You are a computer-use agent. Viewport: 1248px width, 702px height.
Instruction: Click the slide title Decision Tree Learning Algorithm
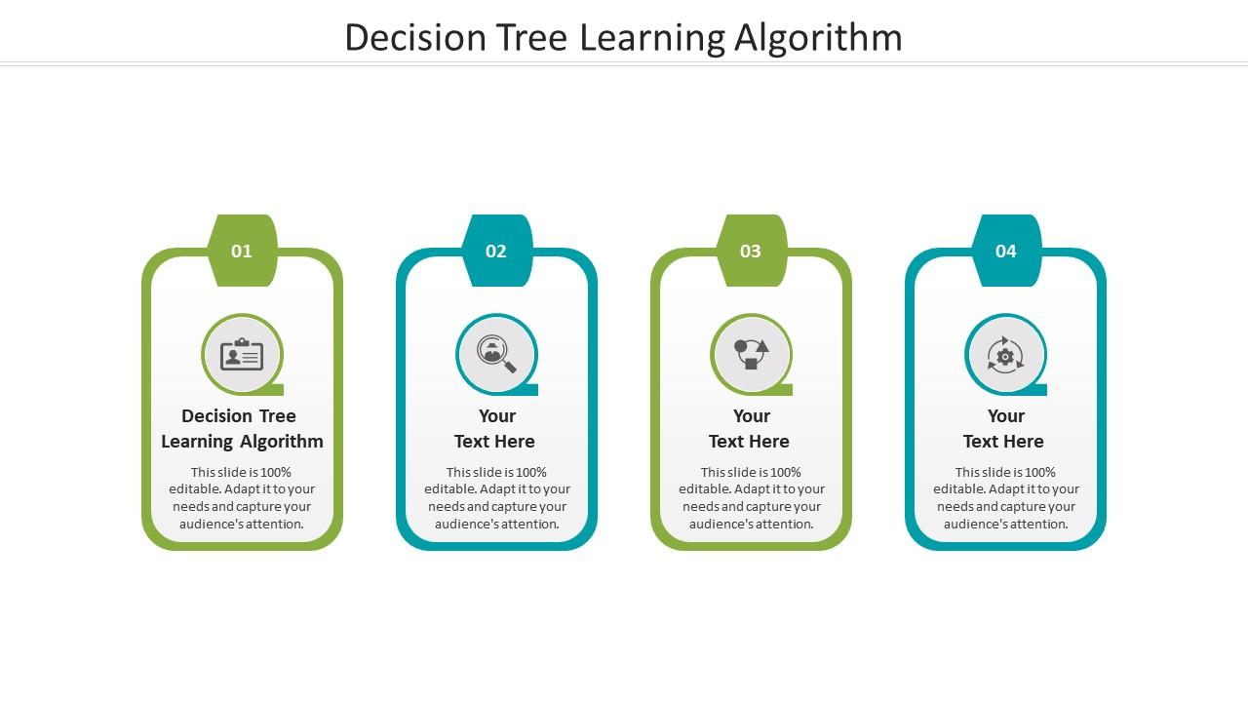click(x=623, y=38)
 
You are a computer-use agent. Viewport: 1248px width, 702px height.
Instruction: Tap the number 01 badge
click(x=242, y=252)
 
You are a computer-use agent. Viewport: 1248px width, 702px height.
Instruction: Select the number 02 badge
click(x=496, y=252)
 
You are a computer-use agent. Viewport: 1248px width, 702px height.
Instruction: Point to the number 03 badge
click(x=751, y=252)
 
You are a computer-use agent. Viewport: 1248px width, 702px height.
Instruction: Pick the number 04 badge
click(x=1005, y=252)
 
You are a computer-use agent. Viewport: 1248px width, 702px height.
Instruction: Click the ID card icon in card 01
click(x=242, y=355)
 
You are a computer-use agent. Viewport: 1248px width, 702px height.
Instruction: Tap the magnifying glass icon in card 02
click(x=496, y=355)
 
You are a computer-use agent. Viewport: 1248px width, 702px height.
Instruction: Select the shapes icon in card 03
click(x=751, y=355)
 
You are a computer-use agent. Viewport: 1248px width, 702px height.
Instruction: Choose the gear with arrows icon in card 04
click(x=1005, y=355)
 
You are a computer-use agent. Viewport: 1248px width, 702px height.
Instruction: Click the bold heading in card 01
click(x=242, y=428)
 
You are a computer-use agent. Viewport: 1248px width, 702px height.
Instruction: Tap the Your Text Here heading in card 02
click(x=495, y=428)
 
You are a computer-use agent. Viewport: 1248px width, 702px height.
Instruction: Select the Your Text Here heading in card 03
click(x=750, y=428)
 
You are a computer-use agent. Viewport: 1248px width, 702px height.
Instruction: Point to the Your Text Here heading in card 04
click(x=1004, y=428)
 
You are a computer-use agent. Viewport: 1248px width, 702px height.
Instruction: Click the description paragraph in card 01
click(x=242, y=498)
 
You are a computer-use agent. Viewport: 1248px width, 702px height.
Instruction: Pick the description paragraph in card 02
click(x=497, y=498)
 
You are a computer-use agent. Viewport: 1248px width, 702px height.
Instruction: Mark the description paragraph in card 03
click(x=752, y=498)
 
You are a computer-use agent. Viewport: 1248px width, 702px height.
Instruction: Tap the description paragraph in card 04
click(x=1006, y=498)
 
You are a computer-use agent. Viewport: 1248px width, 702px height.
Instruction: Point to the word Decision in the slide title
click(x=415, y=38)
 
